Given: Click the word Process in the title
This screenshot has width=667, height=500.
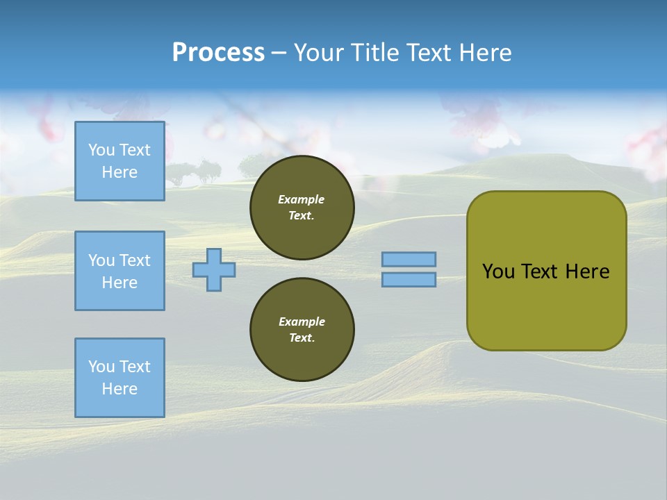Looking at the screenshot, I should [218, 53].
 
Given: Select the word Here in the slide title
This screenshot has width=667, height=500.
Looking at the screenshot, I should [486, 53].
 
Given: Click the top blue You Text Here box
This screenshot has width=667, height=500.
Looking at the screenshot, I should [120, 161].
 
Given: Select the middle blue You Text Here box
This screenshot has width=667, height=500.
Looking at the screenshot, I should [120, 271].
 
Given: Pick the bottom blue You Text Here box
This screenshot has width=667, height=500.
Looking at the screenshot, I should [120, 377].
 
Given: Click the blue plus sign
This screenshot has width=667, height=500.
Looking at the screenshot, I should [214, 269].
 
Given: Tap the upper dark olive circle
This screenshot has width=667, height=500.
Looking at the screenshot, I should [302, 208].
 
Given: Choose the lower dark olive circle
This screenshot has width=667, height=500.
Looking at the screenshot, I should [302, 329].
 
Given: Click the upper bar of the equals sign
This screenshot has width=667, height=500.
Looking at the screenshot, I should [409, 259].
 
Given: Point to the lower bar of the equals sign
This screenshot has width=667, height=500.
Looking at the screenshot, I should [409, 279].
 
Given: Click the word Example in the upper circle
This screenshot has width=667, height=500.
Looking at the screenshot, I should [302, 199].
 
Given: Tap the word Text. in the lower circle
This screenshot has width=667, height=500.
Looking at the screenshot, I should [302, 338].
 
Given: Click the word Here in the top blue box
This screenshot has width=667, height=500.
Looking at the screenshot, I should [120, 172].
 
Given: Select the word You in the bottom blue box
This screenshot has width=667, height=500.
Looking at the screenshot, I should [101, 367].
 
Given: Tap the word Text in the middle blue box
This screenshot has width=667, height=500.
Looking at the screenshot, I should [134, 260].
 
